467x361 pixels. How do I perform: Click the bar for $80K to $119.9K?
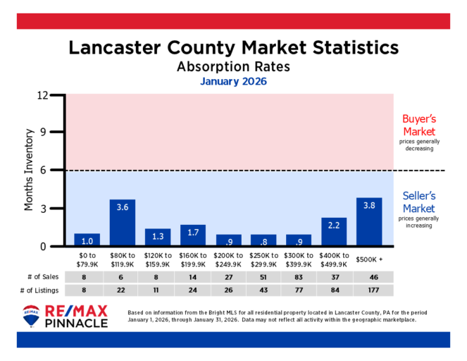click(123, 223)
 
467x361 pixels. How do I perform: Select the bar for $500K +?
click(369, 222)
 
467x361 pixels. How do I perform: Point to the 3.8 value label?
click(369, 206)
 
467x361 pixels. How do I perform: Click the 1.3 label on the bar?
click(158, 237)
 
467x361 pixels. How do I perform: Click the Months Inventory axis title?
click(29, 170)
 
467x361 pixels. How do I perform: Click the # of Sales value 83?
click(299, 278)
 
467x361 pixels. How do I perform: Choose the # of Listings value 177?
click(369, 291)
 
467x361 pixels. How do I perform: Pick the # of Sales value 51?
click(263, 278)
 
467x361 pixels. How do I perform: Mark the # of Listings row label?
click(40, 291)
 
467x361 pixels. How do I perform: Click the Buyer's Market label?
click(418, 125)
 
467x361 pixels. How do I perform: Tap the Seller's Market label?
click(418, 202)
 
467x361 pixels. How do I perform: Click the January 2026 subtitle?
click(233, 82)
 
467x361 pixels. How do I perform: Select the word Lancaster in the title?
click(115, 48)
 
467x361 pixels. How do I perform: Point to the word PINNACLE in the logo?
click(77, 323)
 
